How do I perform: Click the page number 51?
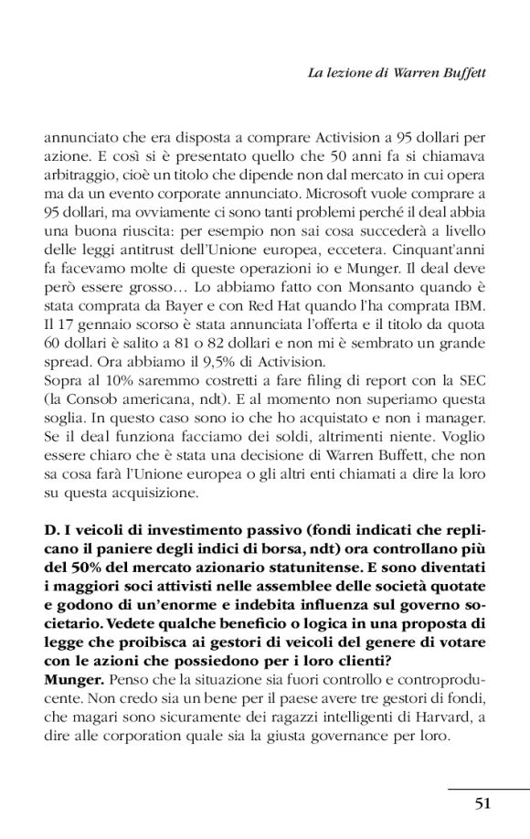coord(483,803)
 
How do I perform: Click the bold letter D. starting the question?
coord(53,527)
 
